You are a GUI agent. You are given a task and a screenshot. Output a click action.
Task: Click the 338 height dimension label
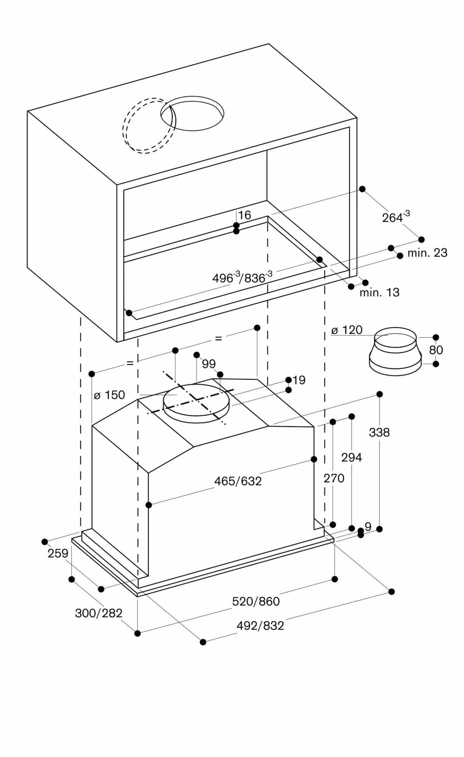[x=379, y=432]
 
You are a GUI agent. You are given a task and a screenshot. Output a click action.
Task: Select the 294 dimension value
[x=352, y=457]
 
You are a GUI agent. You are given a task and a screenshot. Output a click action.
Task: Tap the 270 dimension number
[x=334, y=478]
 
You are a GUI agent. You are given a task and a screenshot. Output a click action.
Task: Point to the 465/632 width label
[x=238, y=481]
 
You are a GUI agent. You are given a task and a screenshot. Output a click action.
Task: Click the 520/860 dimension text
[x=256, y=601]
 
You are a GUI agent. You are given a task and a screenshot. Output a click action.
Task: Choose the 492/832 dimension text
[x=260, y=626]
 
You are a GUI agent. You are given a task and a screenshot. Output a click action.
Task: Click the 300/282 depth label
[x=98, y=613]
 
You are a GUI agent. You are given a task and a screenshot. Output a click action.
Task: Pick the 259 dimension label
[x=58, y=553]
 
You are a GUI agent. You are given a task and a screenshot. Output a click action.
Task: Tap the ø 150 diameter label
[x=109, y=395]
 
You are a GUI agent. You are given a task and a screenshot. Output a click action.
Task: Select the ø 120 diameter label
[x=347, y=330]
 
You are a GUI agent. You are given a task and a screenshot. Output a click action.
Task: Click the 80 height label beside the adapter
[x=436, y=350]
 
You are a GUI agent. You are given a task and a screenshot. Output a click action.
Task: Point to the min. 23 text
[x=427, y=252]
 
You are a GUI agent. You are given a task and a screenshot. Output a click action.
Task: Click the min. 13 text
[x=379, y=292]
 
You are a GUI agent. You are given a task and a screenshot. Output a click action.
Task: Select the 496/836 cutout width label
[x=242, y=277]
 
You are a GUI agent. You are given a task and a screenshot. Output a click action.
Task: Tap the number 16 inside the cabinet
[x=245, y=215]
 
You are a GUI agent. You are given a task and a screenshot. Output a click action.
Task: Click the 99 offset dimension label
[x=209, y=364]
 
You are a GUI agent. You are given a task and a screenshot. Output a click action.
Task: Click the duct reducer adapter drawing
[x=395, y=352]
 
